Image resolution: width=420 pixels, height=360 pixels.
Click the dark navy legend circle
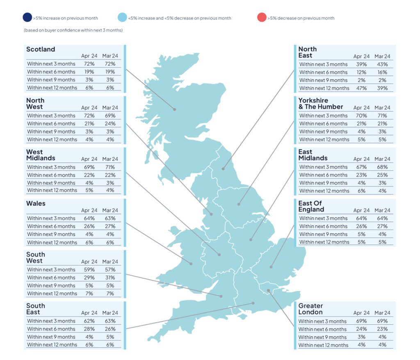point(27,17)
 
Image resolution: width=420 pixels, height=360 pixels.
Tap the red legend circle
point(262,17)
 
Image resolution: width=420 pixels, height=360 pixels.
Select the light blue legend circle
point(122,17)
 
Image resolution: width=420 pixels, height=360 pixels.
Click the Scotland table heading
point(41,49)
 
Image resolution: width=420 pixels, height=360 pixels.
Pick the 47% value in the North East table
point(361,88)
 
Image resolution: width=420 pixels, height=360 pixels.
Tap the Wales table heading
point(36,204)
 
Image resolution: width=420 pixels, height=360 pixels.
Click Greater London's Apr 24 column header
point(361,313)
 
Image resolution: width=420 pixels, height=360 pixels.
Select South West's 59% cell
point(89,270)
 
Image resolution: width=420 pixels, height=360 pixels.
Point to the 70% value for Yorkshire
point(361,115)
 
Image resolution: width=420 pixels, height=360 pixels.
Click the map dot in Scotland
point(175,109)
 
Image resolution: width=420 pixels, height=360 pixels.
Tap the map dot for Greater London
point(268,291)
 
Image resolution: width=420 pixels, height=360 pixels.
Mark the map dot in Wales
point(191,264)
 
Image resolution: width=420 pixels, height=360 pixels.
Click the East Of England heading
point(311,206)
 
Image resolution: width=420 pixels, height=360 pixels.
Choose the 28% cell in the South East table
point(89,329)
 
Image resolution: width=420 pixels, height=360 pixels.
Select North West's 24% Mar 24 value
point(110,124)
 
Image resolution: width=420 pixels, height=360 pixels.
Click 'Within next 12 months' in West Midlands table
point(52,190)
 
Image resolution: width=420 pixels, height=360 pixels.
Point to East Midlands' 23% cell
point(361,175)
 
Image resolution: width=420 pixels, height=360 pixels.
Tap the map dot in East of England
point(271,267)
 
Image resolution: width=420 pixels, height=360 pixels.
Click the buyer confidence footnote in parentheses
point(73,30)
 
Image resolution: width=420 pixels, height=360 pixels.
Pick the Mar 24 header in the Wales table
point(110,211)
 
